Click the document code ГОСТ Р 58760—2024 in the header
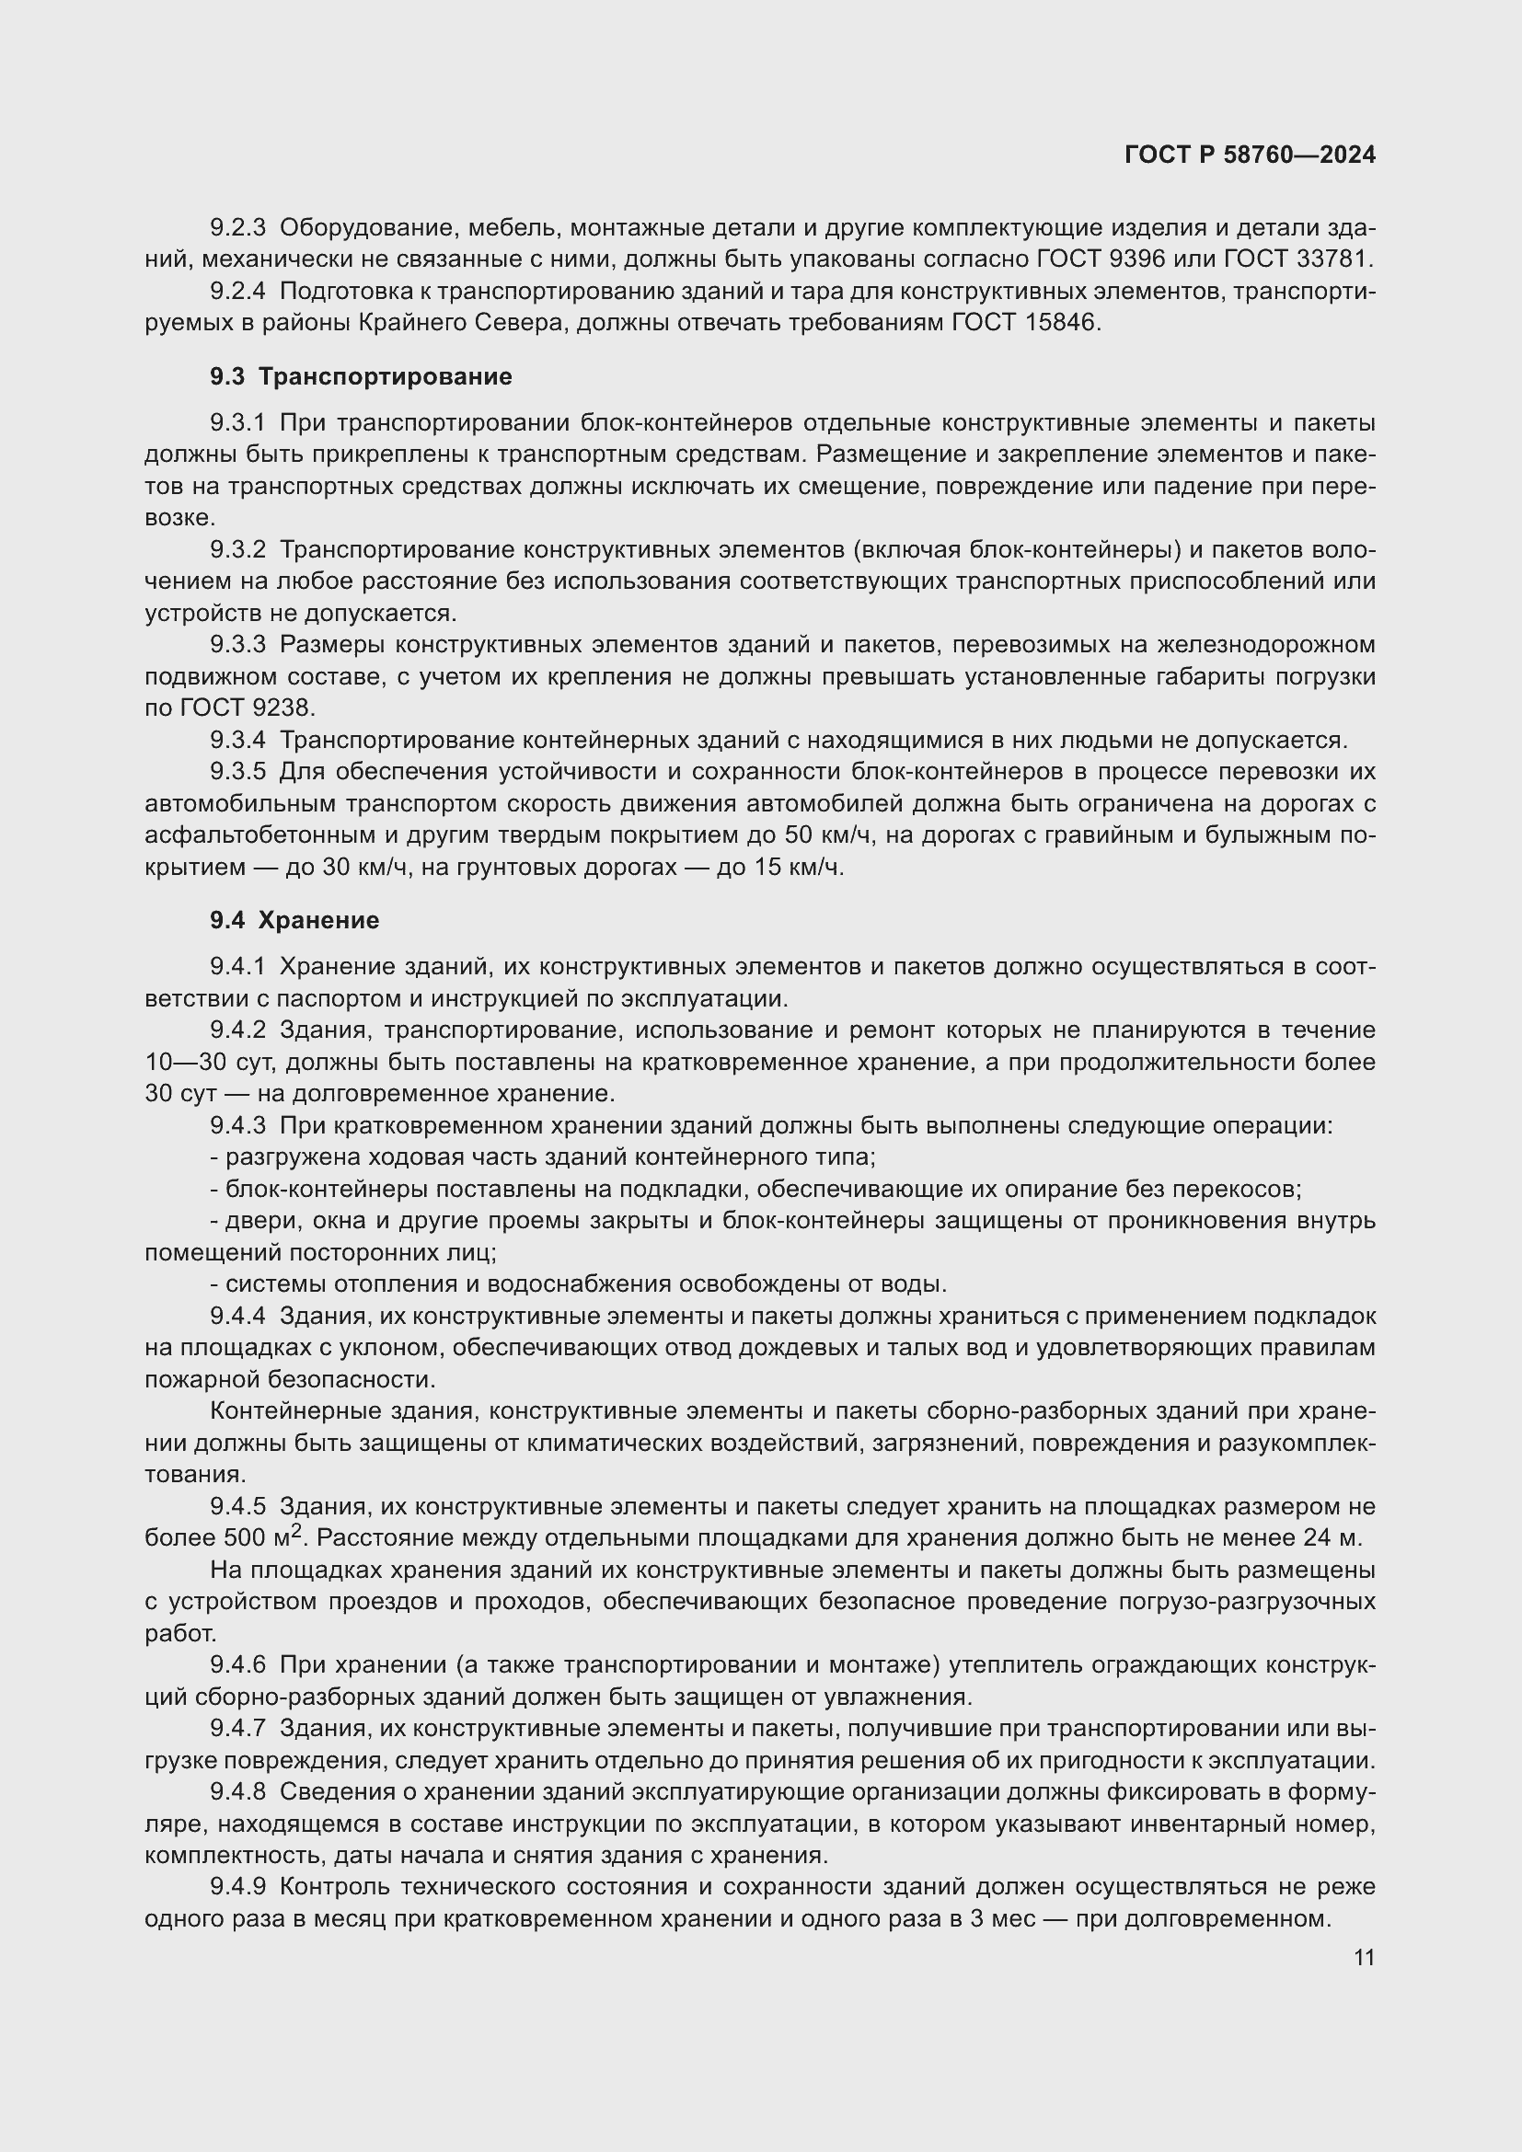click(x=1250, y=155)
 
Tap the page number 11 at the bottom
click(x=1364, y=1957)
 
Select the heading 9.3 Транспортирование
click(x=361, y=377)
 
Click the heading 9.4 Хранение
click(x=294, y=920)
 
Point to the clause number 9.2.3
click(x=238, y=228)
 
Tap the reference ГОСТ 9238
click(x=248, y=708)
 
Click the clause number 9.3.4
click(x=238, y=741)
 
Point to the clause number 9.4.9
click(x=238, y=1886)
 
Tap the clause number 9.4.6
click(x=238, y=1664)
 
